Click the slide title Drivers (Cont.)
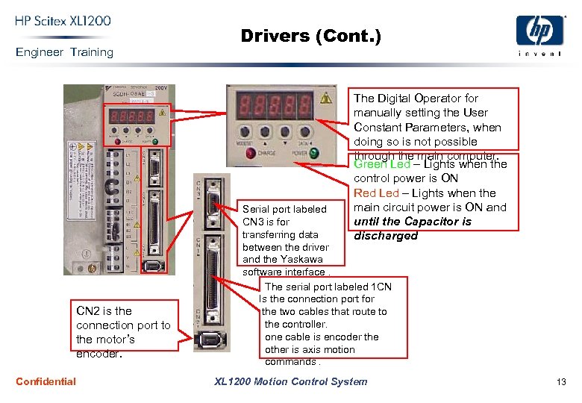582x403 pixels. tap(310, 36)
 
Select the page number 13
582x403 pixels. tap(561, 381)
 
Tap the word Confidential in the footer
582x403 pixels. tap(46, 381)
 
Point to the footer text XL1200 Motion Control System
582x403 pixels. tap(290, 381)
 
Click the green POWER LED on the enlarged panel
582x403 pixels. tap(313, 153)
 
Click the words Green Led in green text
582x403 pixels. tap(381, 164)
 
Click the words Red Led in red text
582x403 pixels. tap(376, 193)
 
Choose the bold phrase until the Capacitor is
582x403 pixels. tap(412, 222)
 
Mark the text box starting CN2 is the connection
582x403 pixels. tap(123, 331)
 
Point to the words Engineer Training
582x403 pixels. tap(64, 52)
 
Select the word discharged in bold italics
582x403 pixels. tap(386, 236)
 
